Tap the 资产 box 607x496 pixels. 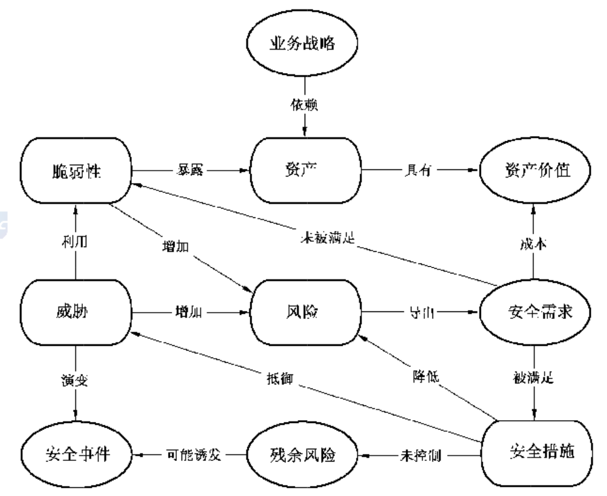[306, 171]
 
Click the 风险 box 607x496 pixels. [306, 311]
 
